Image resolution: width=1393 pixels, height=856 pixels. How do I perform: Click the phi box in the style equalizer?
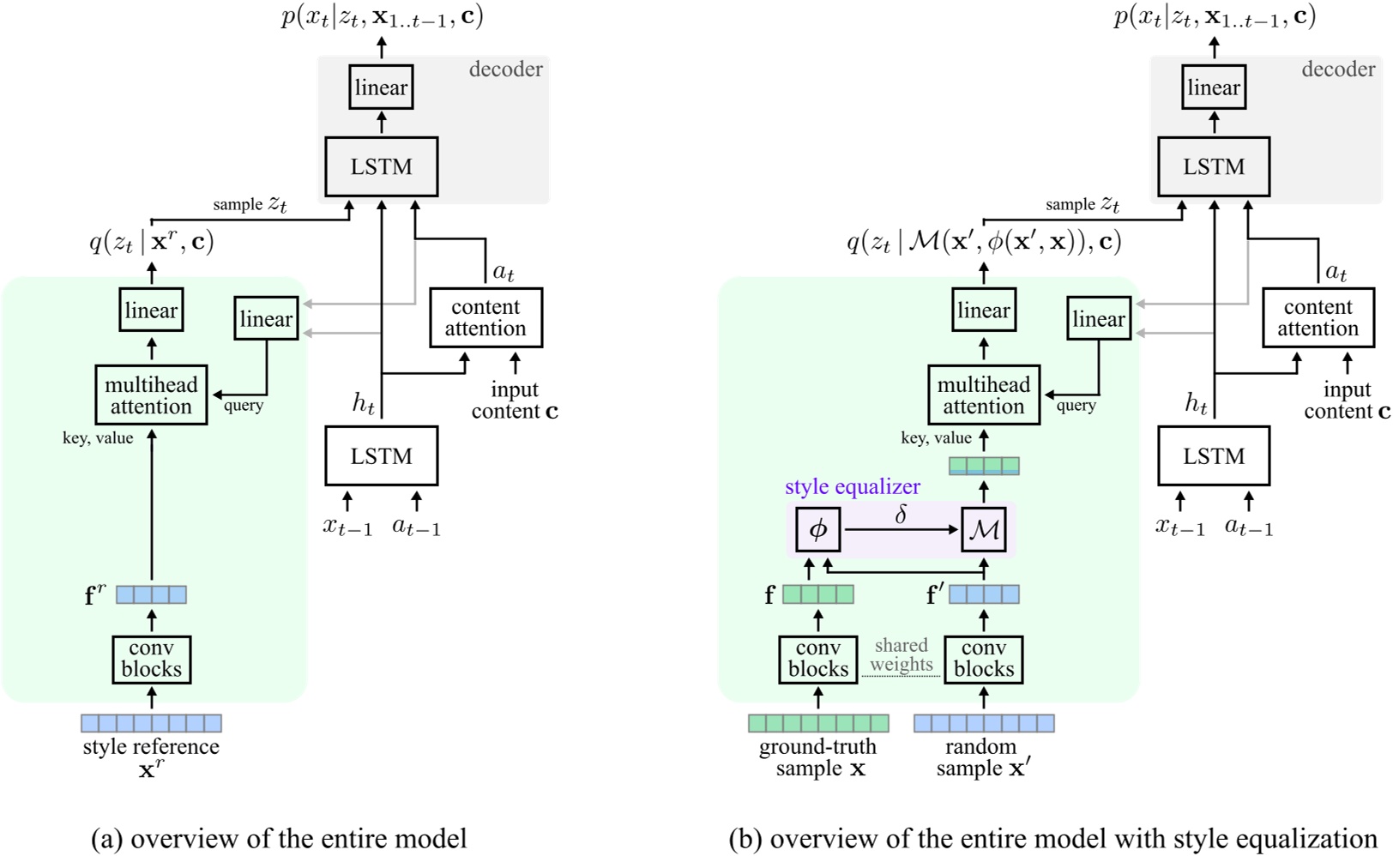[817, 529]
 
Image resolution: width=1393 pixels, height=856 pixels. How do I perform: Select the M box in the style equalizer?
[983, 529]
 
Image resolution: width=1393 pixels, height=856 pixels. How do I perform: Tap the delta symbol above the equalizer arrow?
[901, 515]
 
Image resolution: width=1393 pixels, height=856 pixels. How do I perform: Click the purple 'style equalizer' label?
[852, 487]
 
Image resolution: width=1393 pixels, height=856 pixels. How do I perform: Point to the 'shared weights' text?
[901, 655]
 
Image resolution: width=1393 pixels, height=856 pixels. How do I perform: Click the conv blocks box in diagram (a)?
[152, 660]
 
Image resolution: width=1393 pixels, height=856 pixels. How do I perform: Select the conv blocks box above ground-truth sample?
[817, 660]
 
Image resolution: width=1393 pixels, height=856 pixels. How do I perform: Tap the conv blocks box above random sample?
[983, 660]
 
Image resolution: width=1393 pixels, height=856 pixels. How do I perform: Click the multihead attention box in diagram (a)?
[152, 395]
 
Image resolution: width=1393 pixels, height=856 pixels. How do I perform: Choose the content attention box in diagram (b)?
[1318, 318]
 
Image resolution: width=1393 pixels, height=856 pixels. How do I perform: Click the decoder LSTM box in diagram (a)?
[381, 166]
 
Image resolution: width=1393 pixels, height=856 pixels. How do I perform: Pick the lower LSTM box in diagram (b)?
[1213, 456]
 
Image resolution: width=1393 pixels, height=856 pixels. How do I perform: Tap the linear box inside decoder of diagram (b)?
[1213, 87]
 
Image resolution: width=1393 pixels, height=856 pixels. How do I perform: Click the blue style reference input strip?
[152, 723]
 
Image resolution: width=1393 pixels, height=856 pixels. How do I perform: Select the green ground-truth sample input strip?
[818, 723]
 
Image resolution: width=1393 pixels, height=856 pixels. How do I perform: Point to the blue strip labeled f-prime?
[984, 594]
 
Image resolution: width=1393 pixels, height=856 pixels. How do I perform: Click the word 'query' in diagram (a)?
[244, 406]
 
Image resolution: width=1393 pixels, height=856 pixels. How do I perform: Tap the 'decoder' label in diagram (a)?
[505, 69]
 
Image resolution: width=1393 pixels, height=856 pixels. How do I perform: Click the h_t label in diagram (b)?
[1196, 402]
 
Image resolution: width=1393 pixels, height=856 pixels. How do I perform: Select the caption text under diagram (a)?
[279, 838]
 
